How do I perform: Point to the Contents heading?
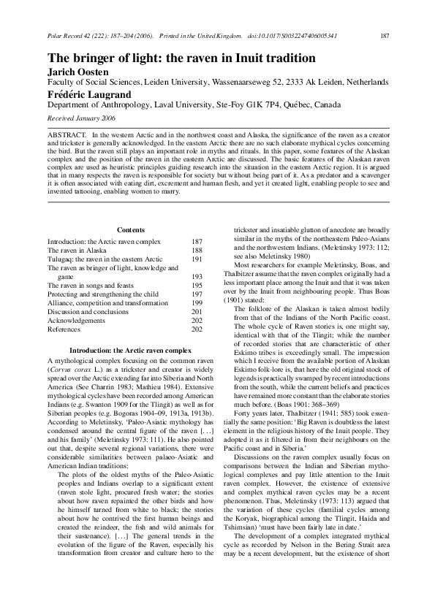pos(130,230)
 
